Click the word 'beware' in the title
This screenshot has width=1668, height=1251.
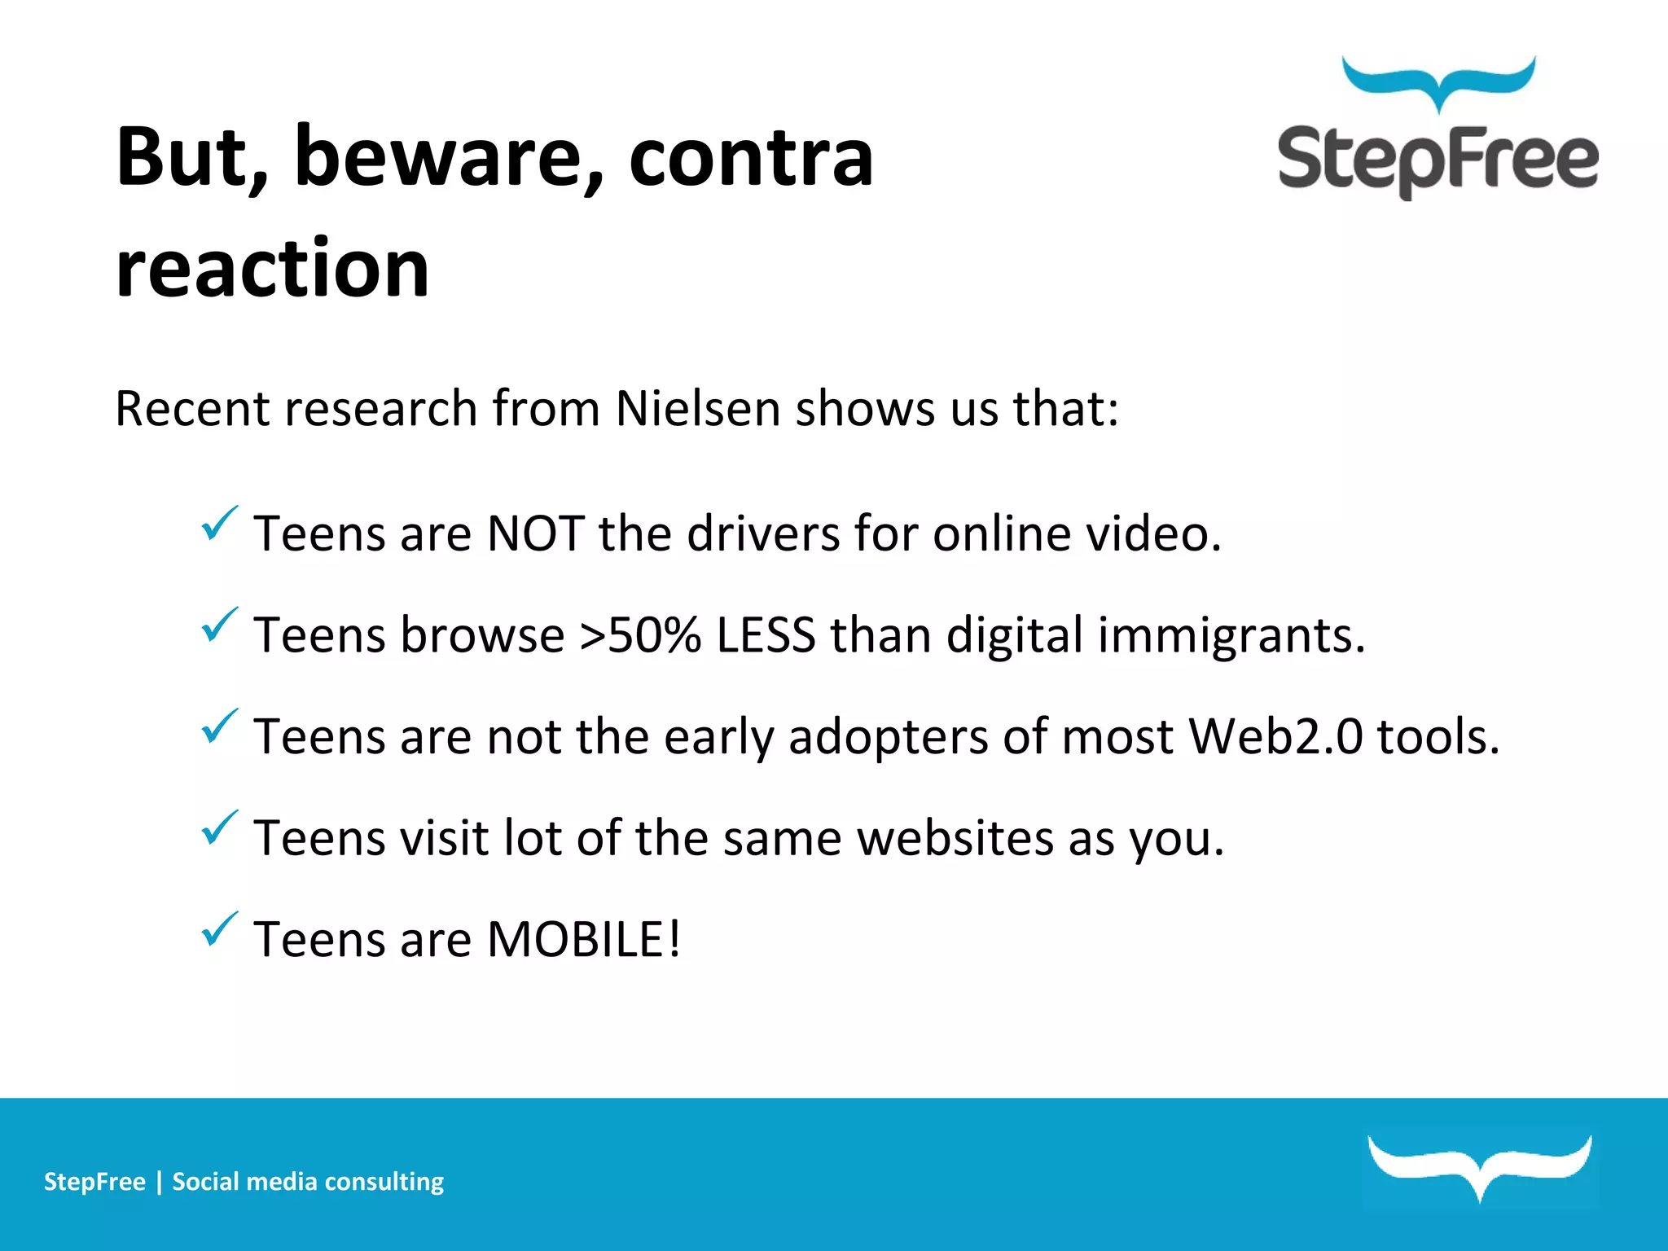448,156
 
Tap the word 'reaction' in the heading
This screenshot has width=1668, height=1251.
272,269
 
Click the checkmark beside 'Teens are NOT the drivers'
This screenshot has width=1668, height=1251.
218,524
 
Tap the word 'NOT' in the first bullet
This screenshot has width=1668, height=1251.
534,534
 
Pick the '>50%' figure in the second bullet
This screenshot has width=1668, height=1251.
640,635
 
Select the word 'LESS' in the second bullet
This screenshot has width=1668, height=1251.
765,635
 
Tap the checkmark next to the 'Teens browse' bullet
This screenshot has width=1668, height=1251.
218,625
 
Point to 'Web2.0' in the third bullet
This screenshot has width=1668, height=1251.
1275,736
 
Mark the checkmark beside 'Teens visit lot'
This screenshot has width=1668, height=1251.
218,828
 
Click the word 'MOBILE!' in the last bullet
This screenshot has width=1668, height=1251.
583,939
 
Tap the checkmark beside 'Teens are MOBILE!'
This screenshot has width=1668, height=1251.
218,929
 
